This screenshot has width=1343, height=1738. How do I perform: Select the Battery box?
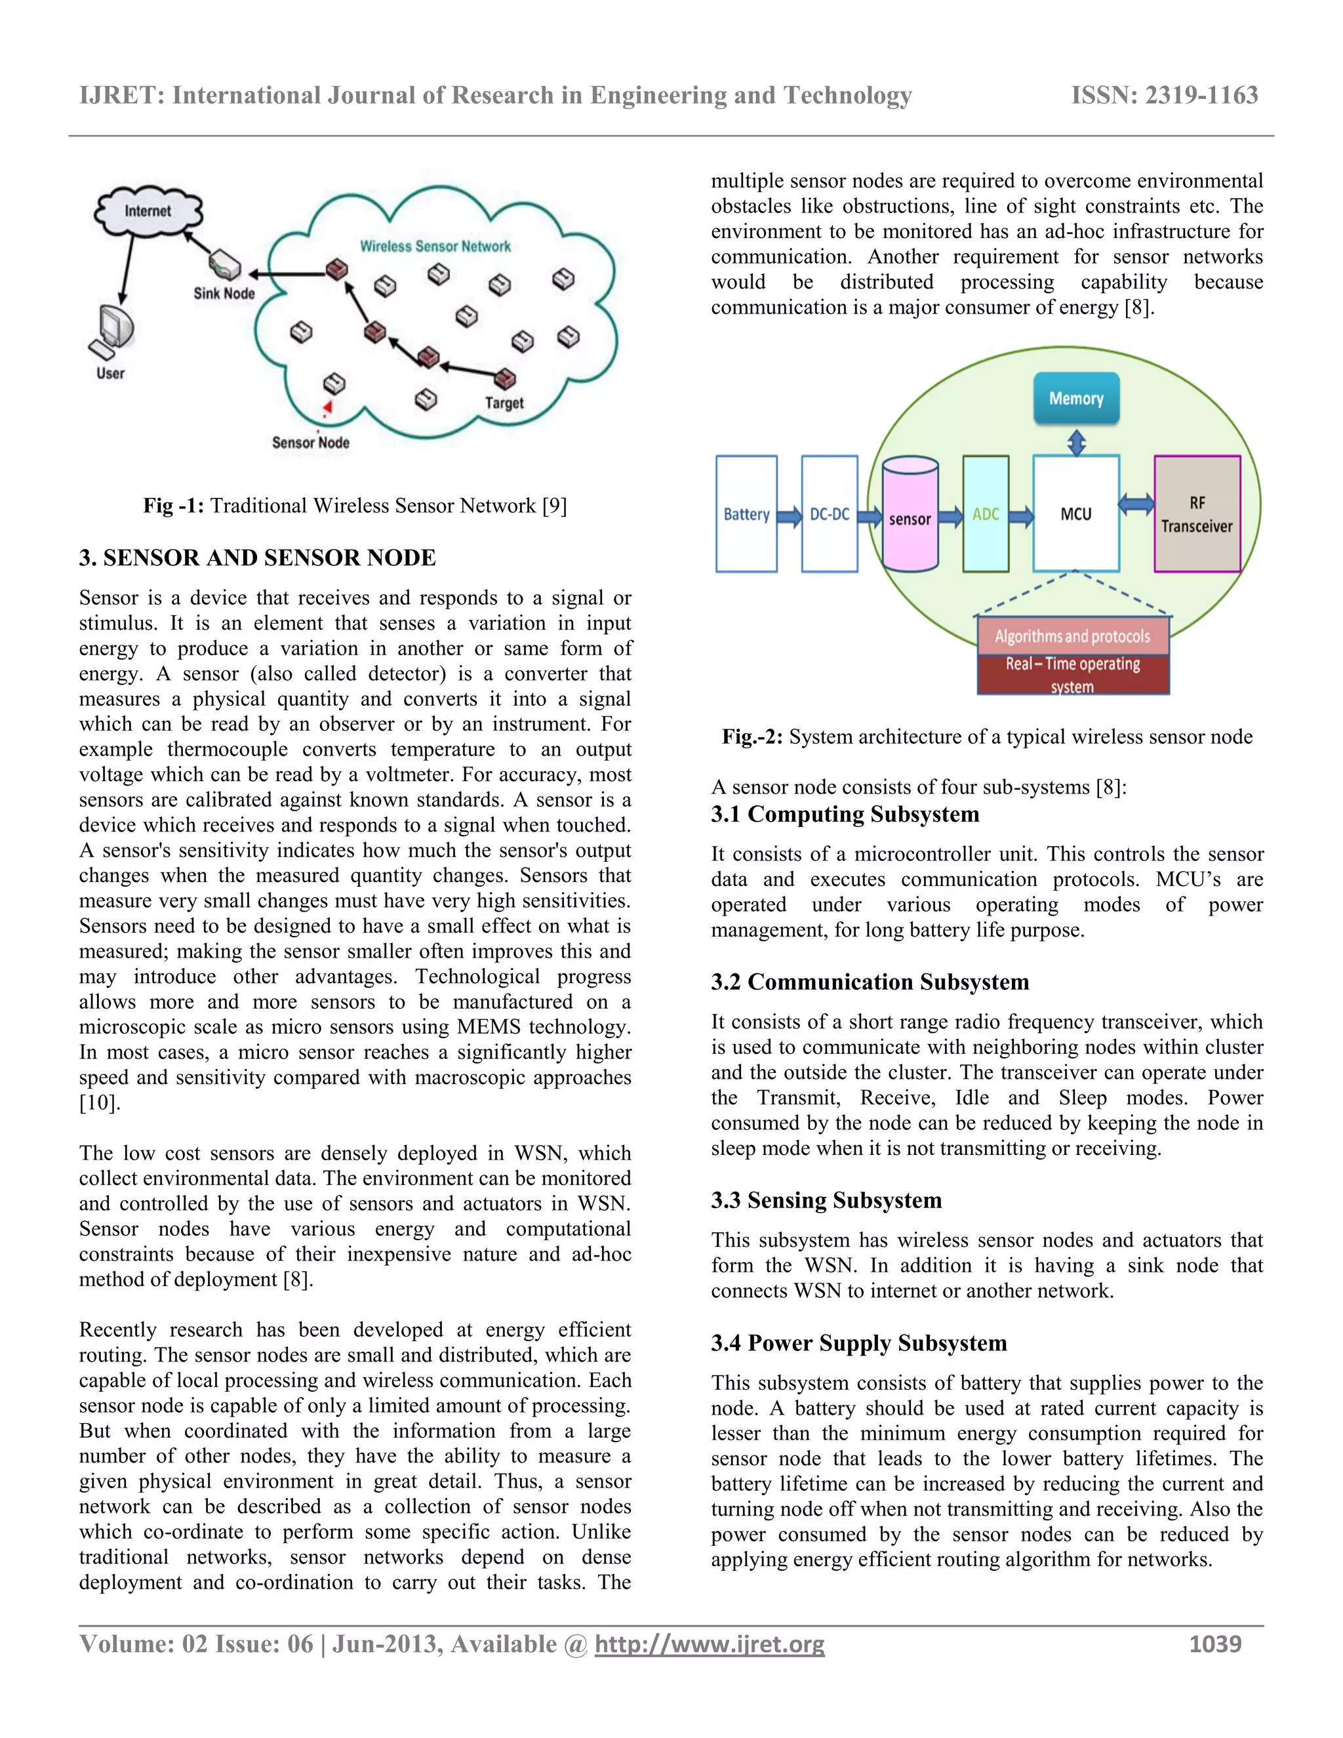[x=746, y=514]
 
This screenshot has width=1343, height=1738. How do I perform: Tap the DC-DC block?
[x=829, y=514]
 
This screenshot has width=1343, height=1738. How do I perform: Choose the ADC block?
[x=985, y=514]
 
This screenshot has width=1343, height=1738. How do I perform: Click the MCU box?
[x=1075, y=514]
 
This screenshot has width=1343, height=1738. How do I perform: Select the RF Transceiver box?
[x=1197, y=514]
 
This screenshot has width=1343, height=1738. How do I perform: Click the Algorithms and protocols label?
[x=1072, y=636]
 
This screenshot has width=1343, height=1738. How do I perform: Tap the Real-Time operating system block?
[x=1072, y=674]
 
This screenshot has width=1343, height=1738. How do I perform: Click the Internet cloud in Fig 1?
[x=148, y=211]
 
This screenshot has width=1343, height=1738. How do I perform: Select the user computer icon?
[x=111, y=333]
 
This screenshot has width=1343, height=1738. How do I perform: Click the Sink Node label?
[x=224, y=293]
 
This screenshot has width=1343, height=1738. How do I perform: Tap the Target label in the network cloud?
[x=504, y=403]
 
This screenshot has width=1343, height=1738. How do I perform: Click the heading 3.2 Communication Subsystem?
[x=870, y=982]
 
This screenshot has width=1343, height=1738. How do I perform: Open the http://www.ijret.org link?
[x=709, y=1644]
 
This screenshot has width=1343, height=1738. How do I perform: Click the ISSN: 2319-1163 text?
[x=1164, y=96]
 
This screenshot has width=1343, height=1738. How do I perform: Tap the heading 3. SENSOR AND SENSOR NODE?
[x=257, y=558]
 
